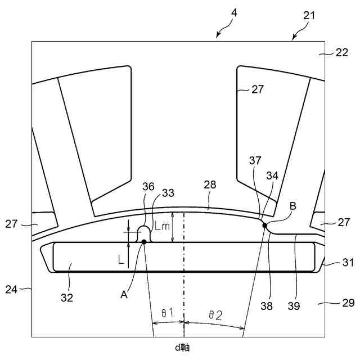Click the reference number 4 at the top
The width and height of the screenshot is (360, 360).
coord(234,12)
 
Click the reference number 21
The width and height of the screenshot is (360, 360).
coord(309,16)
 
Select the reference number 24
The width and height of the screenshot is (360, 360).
coord(11,290)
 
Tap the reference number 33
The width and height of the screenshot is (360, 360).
coord(168,192)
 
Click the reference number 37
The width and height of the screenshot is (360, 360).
coord(256,160)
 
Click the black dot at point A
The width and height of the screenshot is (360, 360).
coord(145,242)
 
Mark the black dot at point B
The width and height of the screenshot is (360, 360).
coord(265,226)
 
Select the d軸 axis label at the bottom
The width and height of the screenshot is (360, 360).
coord(182,348)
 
